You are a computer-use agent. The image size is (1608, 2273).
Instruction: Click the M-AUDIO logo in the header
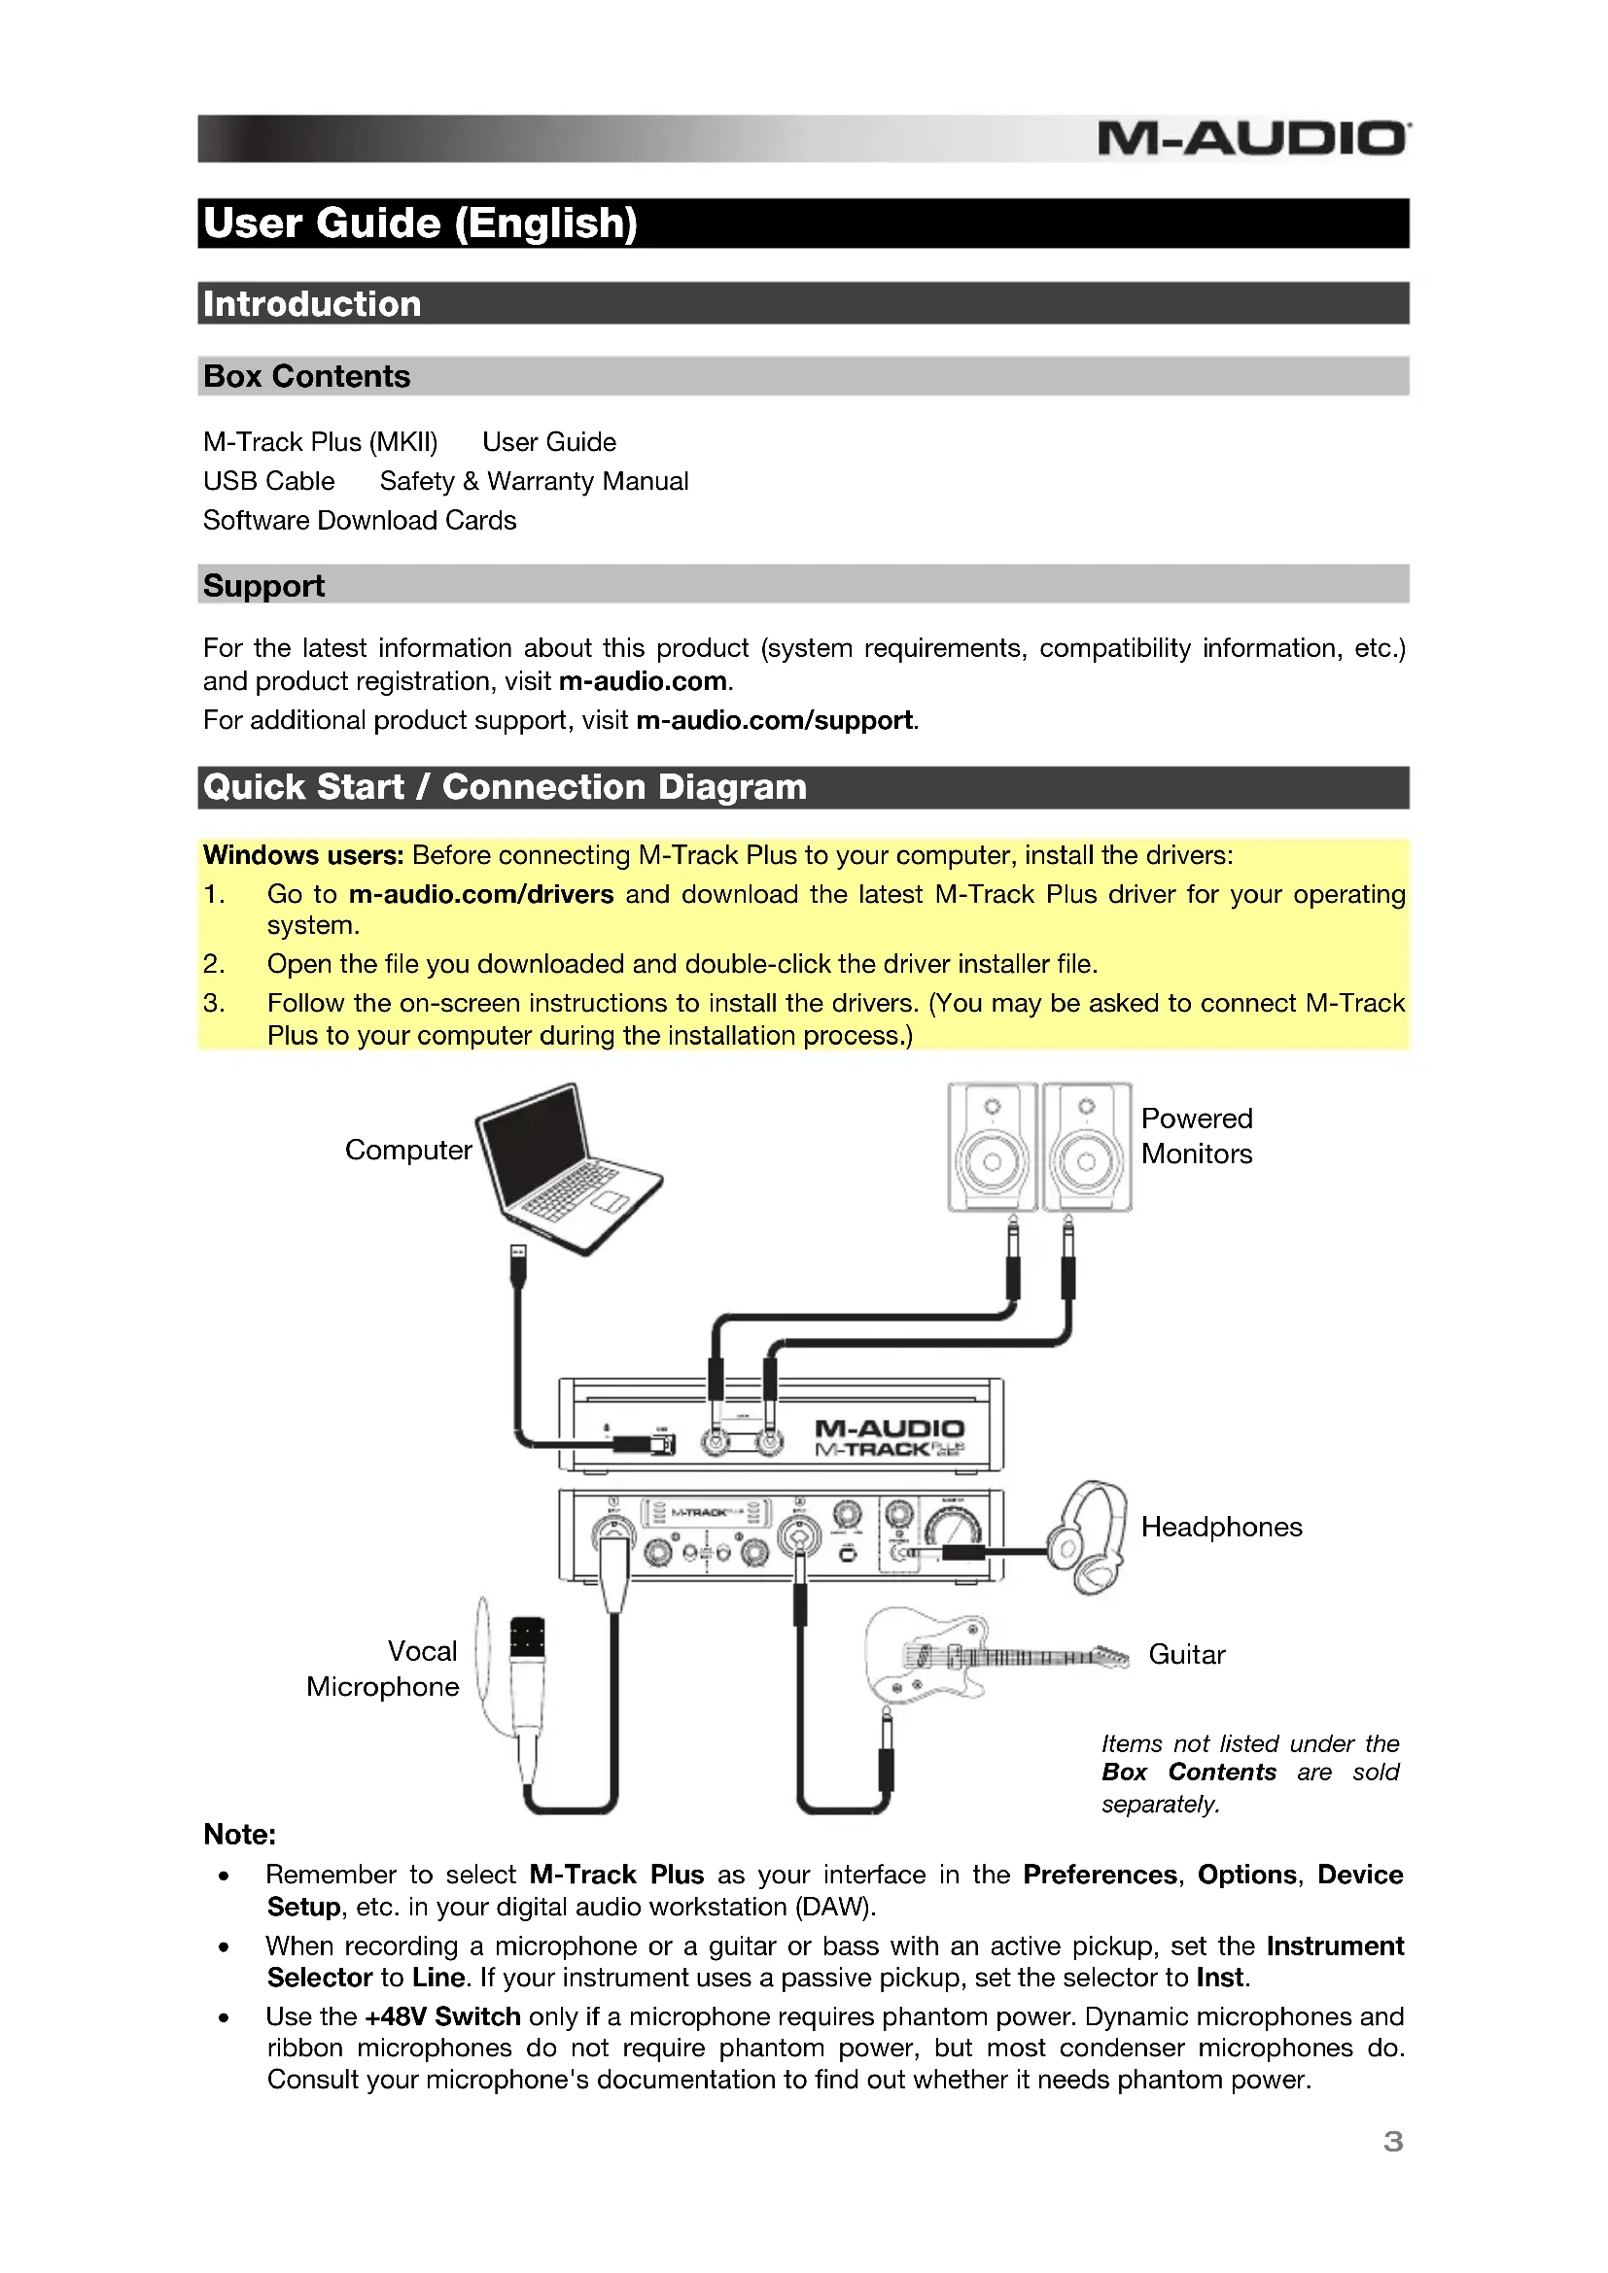click(x=1252, y=139)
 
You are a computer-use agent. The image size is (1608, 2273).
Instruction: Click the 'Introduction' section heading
click(x=312, y=304)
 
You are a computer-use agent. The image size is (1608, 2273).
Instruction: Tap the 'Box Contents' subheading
click(x=306, y=376)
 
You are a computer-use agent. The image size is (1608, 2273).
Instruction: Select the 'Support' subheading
click(x=263, y=585)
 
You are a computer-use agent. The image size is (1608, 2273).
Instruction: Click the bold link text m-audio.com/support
click(x=773, y=720)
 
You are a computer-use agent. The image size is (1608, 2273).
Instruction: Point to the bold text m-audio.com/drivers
click(x=480, y=894)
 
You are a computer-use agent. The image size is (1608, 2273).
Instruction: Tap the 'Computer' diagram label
click(x=408, y=1150)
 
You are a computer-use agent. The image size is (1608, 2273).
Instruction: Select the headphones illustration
click(x=1089, y=1535)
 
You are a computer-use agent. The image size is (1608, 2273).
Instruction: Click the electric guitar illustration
click(x=980, y=1656)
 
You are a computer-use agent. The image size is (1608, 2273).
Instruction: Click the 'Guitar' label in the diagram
click(x=1186, y=1654)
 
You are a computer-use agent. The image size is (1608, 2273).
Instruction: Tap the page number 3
click(x=1392, y=2142)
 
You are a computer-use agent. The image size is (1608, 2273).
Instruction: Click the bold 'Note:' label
click(x=239, y=1835)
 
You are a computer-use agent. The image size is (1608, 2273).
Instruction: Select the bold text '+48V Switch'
click(x=441, y=2016)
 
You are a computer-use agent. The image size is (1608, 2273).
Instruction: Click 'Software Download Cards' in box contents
click(x=360, y=521)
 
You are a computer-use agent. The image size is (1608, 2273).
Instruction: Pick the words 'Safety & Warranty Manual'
click(x=534, y=481)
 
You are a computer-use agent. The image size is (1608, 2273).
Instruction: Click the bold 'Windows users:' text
click(x=303, y=855)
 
